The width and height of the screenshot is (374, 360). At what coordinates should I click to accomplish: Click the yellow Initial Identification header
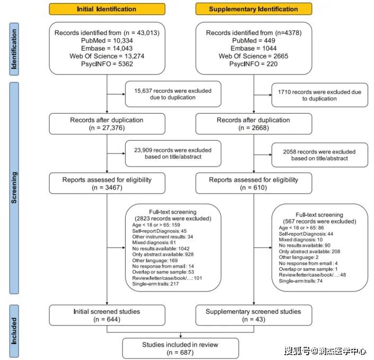tap(107, 9)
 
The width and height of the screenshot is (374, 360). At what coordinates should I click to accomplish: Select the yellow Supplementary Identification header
tap(254, 9)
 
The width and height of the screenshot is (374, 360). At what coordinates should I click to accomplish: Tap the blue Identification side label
tap(14, 49)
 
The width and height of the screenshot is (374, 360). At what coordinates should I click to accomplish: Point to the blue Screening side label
tap(14, 188)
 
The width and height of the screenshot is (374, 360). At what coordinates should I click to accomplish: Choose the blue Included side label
tap(14, 331)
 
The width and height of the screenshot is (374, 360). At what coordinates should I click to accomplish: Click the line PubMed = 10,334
tap(107, 40)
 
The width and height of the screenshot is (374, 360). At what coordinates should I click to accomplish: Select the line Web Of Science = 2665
tap(253, 56)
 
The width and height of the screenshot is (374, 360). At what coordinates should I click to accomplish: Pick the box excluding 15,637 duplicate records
tap(173, 94)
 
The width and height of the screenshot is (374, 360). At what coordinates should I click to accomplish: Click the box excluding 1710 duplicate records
tap(319, 95)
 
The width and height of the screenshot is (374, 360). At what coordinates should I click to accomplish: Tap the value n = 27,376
tap(107, 128)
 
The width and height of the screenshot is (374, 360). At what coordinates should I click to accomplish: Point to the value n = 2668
tap(254, 128)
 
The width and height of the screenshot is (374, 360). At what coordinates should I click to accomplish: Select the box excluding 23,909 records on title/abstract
tap(173, 153)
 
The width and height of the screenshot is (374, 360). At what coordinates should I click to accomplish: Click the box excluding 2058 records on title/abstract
tap(319, 155)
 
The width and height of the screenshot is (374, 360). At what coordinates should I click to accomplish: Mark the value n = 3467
tap(107, 187)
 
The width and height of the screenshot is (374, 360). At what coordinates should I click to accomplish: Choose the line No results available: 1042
tap(161, 248)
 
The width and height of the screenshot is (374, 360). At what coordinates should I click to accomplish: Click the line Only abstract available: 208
tap(309, 251)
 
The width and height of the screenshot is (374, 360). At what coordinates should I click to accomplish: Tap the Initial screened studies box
tap(107, 315)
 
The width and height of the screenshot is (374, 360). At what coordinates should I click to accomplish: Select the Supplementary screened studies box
tap(254, 315)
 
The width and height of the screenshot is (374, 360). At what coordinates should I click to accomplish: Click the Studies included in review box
tap(180, 348)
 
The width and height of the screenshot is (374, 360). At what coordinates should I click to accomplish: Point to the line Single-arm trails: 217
tap(155, 284)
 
